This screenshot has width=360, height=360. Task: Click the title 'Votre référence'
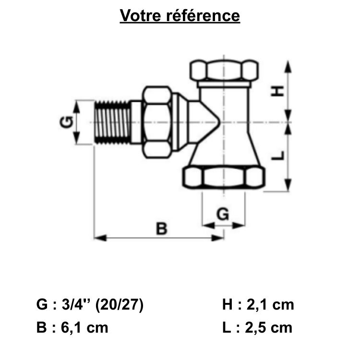180,15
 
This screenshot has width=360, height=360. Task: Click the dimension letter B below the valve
162,228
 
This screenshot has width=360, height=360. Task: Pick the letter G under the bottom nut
223,215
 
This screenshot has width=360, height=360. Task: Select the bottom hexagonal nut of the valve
224,178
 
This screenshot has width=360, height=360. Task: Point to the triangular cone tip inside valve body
206,122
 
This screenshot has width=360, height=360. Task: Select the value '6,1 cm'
85,328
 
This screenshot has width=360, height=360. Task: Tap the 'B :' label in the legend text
46,328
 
